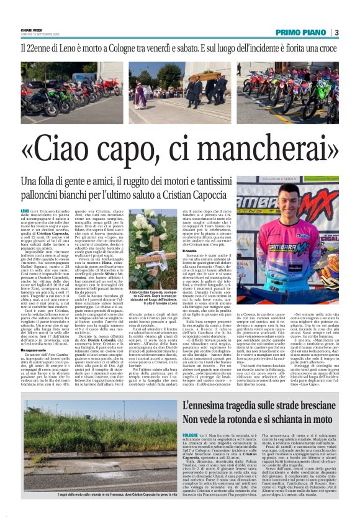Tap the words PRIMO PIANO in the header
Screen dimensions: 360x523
(302, 32)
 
